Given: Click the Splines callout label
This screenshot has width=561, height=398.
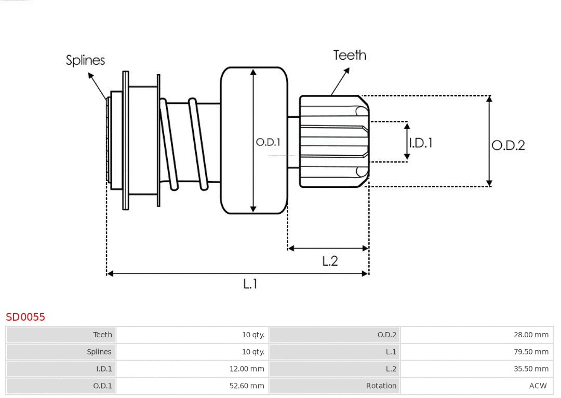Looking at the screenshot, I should pyautogui.click(x=85, y=60).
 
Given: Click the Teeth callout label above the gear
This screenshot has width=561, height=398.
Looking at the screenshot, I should pyautogui.click(x=350, y=55).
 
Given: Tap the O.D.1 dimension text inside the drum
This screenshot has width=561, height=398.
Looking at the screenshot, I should pyautogui.click(x=268, y=142).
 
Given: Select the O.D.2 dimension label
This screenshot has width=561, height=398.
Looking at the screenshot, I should pyautogui.click(x=509, y=145).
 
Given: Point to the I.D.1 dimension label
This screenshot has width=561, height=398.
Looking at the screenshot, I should pyautogui.click(x=421, y=143).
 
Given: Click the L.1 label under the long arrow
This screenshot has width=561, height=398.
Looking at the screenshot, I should pyautogui.click(x=250, y=284).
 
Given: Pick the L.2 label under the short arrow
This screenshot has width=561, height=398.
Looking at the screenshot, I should pyautogui.click(x=330, y=261).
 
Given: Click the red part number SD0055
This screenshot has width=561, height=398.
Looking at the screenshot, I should pyautogui.click(x=25, y=317).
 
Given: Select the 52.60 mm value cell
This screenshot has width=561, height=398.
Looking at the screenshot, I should pyautogui.click(x=247, y=386).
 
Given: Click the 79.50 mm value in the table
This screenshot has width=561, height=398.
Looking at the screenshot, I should pyautogui.click(x=531, y=352).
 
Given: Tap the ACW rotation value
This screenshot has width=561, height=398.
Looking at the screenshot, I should pyautogui.click(x=538, y=386).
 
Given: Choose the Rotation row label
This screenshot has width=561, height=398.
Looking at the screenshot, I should pyautogui.click(x=381, y=386).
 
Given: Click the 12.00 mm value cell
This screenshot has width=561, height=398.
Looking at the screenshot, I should pyautogui.click(x=247, y=369).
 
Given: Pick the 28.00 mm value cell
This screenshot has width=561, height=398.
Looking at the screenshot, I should pyautogui.click(x=531, y=335).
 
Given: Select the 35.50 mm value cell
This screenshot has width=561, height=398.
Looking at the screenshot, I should pyautogui.click(x=531, y=369).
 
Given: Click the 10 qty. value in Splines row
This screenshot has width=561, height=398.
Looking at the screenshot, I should pyautogui.click(x=253, y=352).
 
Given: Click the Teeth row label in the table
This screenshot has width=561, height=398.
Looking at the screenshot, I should pyautogui.click(x=102, y=335).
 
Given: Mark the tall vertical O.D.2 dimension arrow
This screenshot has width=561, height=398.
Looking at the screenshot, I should pyautogui.click(x=489, y=141).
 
